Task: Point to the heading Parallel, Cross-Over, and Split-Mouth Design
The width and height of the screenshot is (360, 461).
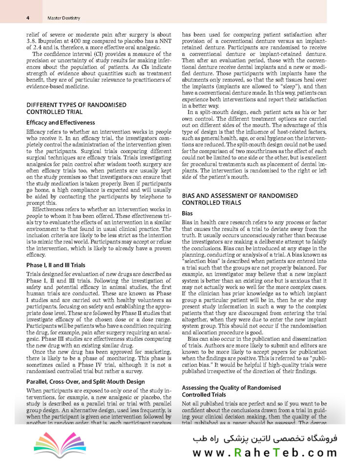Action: tap(85, 381)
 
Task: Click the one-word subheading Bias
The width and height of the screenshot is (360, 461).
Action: tap(187, 213)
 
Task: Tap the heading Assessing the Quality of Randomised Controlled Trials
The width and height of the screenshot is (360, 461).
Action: tap(231, 391)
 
